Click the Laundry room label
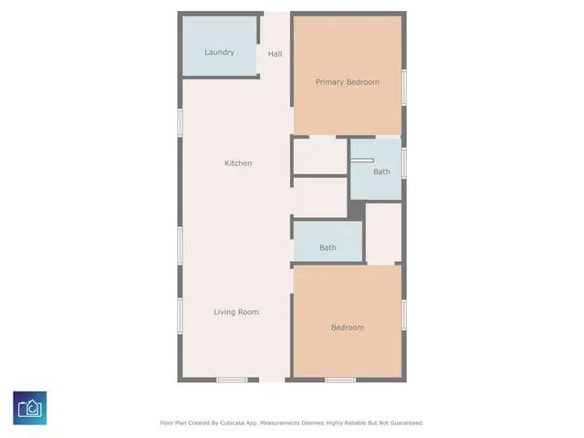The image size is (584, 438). click(219, 52)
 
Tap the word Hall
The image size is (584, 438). click(275, 54)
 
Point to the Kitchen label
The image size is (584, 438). click(238, 163)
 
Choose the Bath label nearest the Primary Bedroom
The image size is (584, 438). click(381, 172)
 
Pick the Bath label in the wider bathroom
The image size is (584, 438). click(327, 247)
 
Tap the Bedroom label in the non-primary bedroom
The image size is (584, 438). click(347, 328)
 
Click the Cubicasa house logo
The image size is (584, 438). click(30, 408)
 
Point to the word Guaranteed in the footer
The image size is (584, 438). click(403, 423)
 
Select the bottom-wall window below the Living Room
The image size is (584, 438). click(231, 380)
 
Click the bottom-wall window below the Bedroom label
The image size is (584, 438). click(339, 380)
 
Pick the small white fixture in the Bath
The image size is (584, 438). click(361, 162)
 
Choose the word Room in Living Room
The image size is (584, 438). click(249, 312)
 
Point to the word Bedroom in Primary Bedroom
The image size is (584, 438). click(362, 82)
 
